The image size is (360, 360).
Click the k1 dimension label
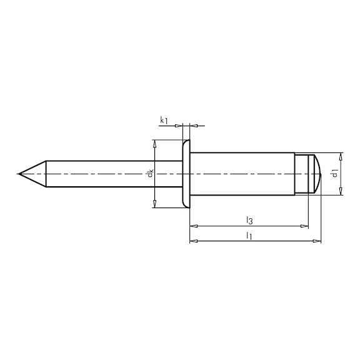pos(164,119)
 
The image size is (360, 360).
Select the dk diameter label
pos(151,174)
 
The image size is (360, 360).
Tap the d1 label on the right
pos(336,174)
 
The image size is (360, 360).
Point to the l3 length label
pos(249,219)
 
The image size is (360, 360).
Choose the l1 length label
pos(249,236)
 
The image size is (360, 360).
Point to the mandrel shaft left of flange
pos(112,174)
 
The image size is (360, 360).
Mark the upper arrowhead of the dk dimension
pos(154,143)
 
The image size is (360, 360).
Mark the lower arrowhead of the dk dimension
pos(154,204)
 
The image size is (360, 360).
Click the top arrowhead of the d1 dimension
pos(341,156)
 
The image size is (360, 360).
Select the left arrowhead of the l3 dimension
pos(192,224)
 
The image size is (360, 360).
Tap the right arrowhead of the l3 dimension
pos(305,224)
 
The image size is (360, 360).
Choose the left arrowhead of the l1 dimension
pos(192,241)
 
